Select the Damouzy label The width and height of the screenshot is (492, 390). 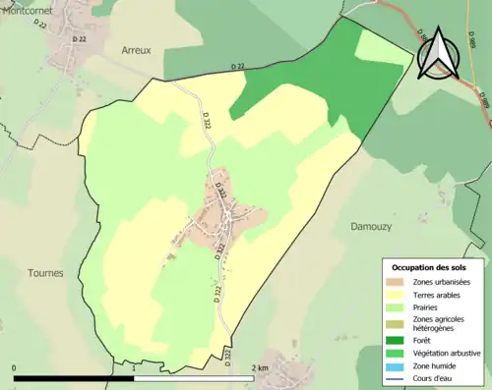(x=371, y=226)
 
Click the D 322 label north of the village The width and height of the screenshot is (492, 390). (x=207, y=121)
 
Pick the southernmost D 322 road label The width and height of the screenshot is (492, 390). (x=225, y=356)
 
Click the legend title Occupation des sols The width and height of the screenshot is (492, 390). (x=430, y=267)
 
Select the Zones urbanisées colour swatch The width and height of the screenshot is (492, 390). (x=399, y=283)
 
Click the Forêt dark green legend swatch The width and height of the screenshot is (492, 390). (x=399, y=341)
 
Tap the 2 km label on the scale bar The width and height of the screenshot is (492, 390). (x=260, y=367)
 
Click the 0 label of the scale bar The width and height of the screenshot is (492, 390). (x=15, y=367)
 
